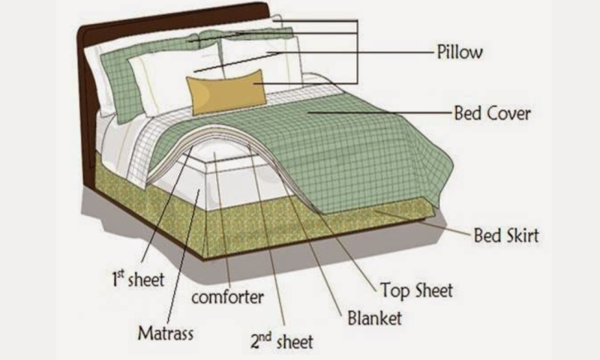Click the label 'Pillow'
coord(460,52)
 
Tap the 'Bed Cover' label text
coord(492,113)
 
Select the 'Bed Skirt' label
coord(506,235)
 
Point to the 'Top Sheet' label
coord(416,290)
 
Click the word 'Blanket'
coord(374,318)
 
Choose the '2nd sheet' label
coord(282,340)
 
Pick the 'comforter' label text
coord(227,297)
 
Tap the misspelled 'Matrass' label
coord(165,333)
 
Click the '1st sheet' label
coord(138,279)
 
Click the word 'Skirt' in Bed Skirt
coord(523,235)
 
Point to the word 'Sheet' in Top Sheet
coord(434,290)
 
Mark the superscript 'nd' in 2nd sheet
coord(265,336)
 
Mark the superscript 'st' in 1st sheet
coord(121,274)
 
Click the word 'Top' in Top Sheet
coord(396,291)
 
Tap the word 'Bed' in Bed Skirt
coord(488,235)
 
